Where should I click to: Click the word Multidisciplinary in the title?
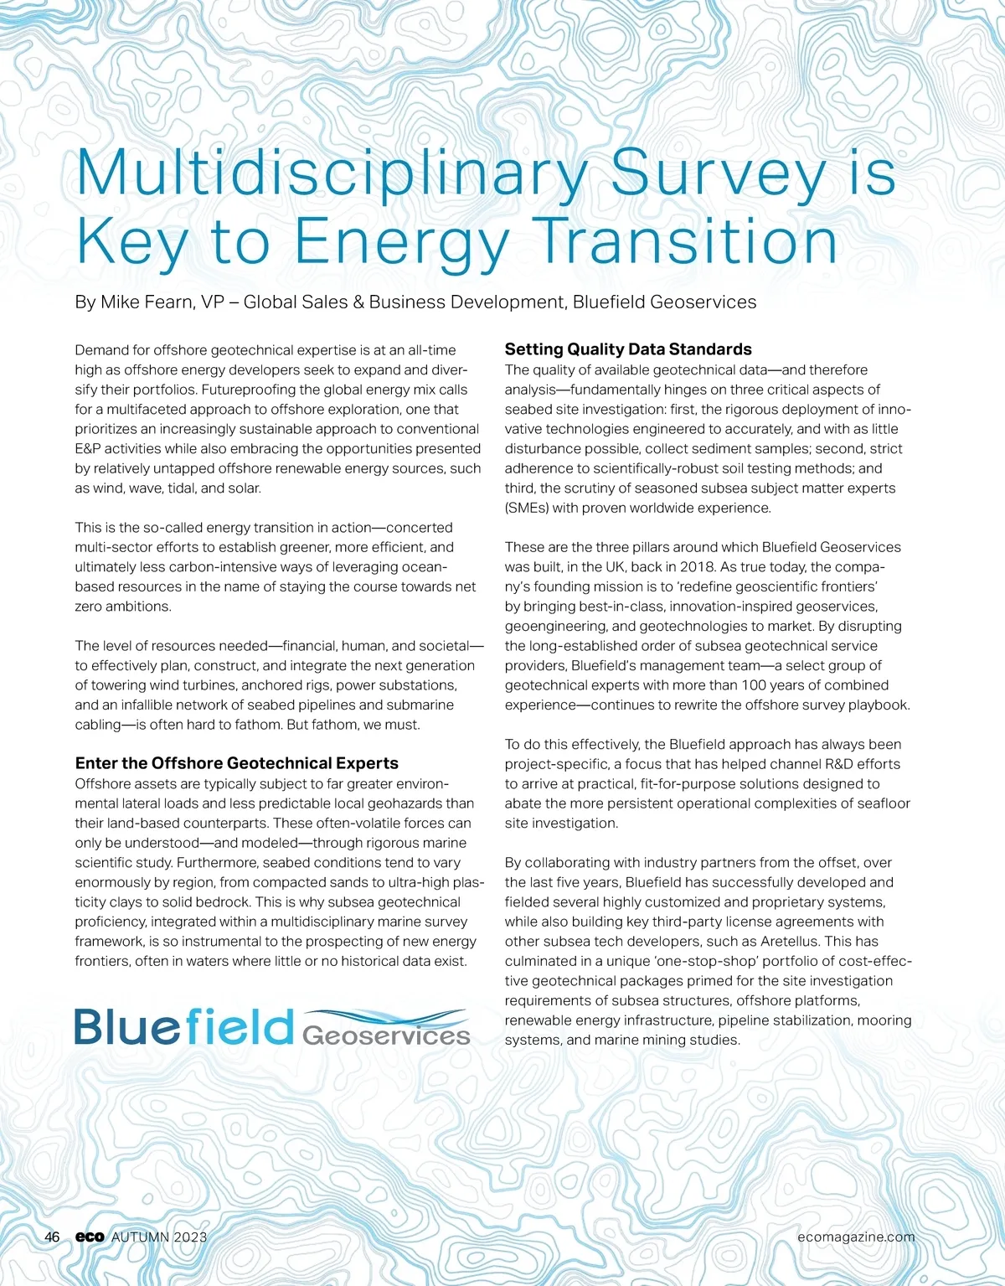click(x=332, y=173)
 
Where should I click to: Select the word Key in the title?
click(x=131, y=242)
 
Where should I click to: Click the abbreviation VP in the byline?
click(x=212, y=302)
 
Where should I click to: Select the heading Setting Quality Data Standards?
click(x=628, y=349)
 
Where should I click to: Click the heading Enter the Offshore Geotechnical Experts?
click(x=236, y=763)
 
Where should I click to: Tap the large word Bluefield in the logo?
click(x=184, y=1026)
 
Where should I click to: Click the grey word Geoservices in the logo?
click(x=385, y=1036)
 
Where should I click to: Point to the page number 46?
click(x=52, y=1237)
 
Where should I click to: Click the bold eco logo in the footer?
click(x=90, y=1237)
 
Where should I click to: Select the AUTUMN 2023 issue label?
click(x=159, y=1237)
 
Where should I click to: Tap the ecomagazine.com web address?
click(x=856, y=1237)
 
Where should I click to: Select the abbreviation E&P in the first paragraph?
click(x=88, y=449)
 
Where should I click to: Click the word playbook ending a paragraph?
click(x=878, y=705)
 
